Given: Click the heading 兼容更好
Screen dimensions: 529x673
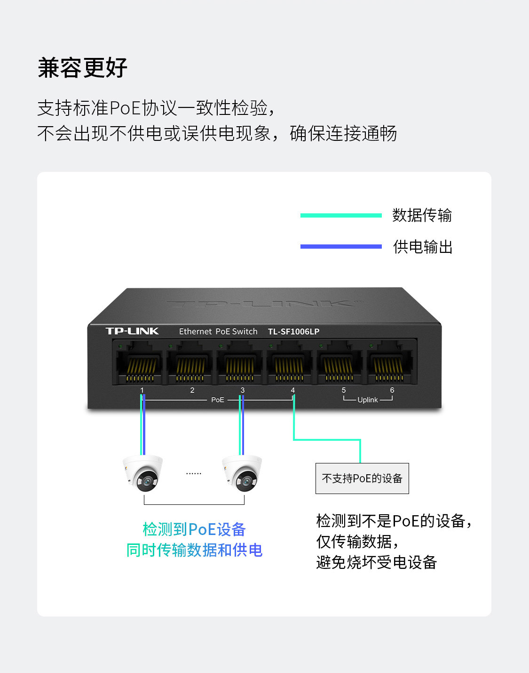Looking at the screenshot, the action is pos(83,68).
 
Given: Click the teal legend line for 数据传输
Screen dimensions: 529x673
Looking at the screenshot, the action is pos(341,215).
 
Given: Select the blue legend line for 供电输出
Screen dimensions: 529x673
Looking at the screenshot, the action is pos(341,246).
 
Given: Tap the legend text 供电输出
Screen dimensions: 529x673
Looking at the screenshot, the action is pos(423,247).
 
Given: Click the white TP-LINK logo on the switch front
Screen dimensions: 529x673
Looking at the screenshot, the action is pos(132,331).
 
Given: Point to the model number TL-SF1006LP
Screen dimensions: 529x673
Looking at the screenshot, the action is pos(293,332).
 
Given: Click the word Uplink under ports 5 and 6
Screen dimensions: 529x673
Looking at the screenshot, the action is pos(367,400).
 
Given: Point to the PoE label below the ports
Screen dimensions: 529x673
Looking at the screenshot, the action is pos(217,400).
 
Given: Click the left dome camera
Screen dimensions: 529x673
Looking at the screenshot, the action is pos(142,473).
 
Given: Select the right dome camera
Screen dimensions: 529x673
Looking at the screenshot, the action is pos(242,473).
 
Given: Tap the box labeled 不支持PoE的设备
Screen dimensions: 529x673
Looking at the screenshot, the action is pos(362,478).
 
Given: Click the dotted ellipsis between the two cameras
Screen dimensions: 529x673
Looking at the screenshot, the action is pos(193,473).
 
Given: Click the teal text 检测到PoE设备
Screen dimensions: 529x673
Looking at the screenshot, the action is pos(194,529).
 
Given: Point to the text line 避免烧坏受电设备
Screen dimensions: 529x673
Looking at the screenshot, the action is pos(377,562).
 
